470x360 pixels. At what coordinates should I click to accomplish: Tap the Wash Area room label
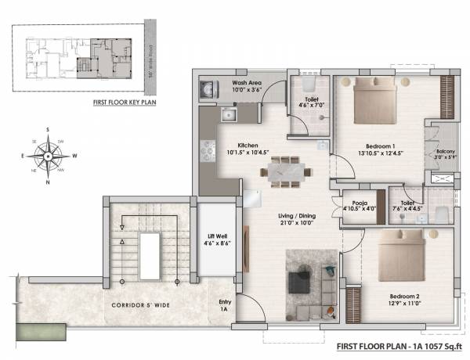[247, 86]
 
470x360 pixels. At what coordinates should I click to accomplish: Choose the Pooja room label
[355, 205]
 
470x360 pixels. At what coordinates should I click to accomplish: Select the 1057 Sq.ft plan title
[399, 345]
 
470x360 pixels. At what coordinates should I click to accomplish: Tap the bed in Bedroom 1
[379, 105]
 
